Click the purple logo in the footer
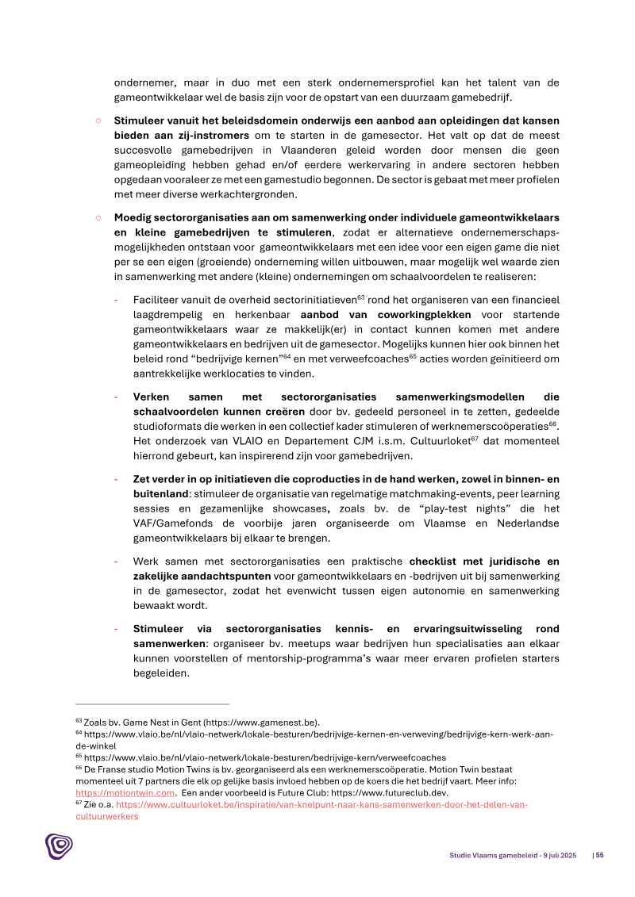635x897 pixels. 58,846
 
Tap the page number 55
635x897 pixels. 600,855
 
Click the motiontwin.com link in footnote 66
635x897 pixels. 125,792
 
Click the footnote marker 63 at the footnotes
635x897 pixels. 79,722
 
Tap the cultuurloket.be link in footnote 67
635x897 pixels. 321,804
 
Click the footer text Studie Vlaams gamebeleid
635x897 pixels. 488,855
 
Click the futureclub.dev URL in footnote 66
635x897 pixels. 405,792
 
